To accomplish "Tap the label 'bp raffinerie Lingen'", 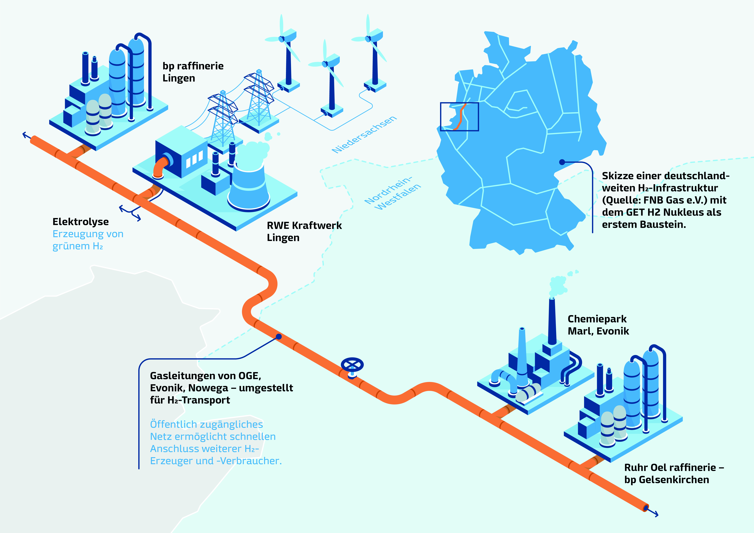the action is (193, 72).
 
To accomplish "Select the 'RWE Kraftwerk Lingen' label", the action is (304, 232).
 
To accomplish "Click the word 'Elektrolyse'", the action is (80, 222).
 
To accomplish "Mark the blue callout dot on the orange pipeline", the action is (279, 337).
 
